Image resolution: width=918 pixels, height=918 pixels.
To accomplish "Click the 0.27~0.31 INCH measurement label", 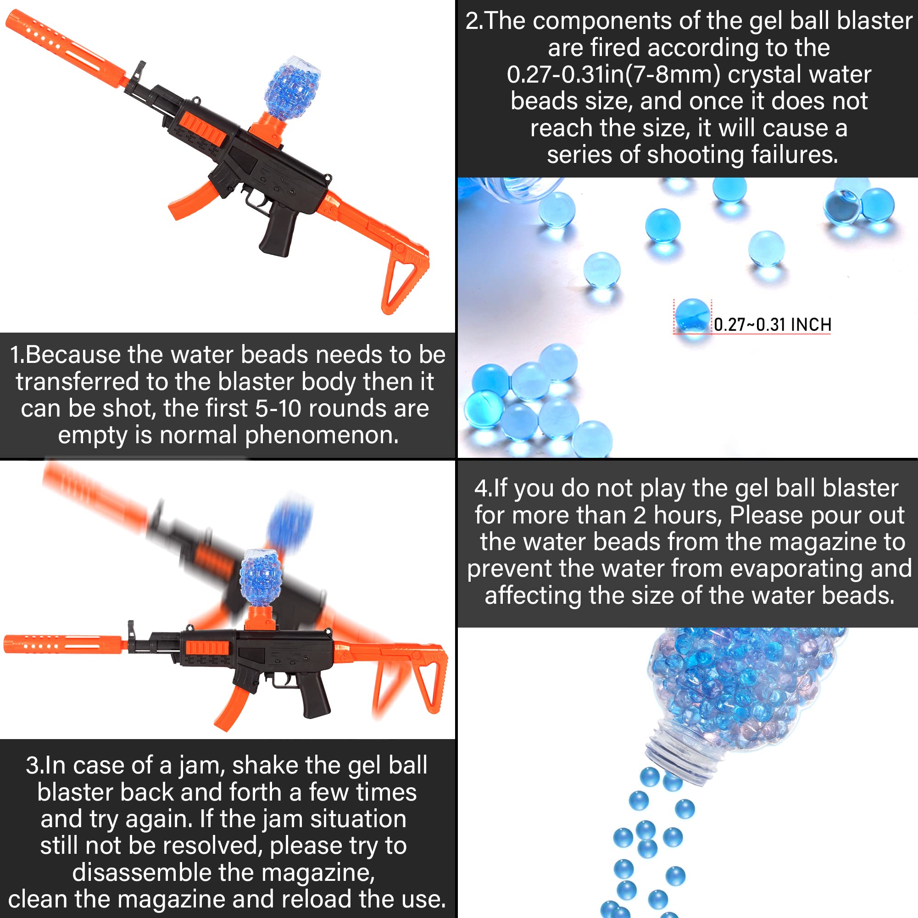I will point(772,324).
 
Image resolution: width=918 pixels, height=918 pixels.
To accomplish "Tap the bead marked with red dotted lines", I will point(692,315).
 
